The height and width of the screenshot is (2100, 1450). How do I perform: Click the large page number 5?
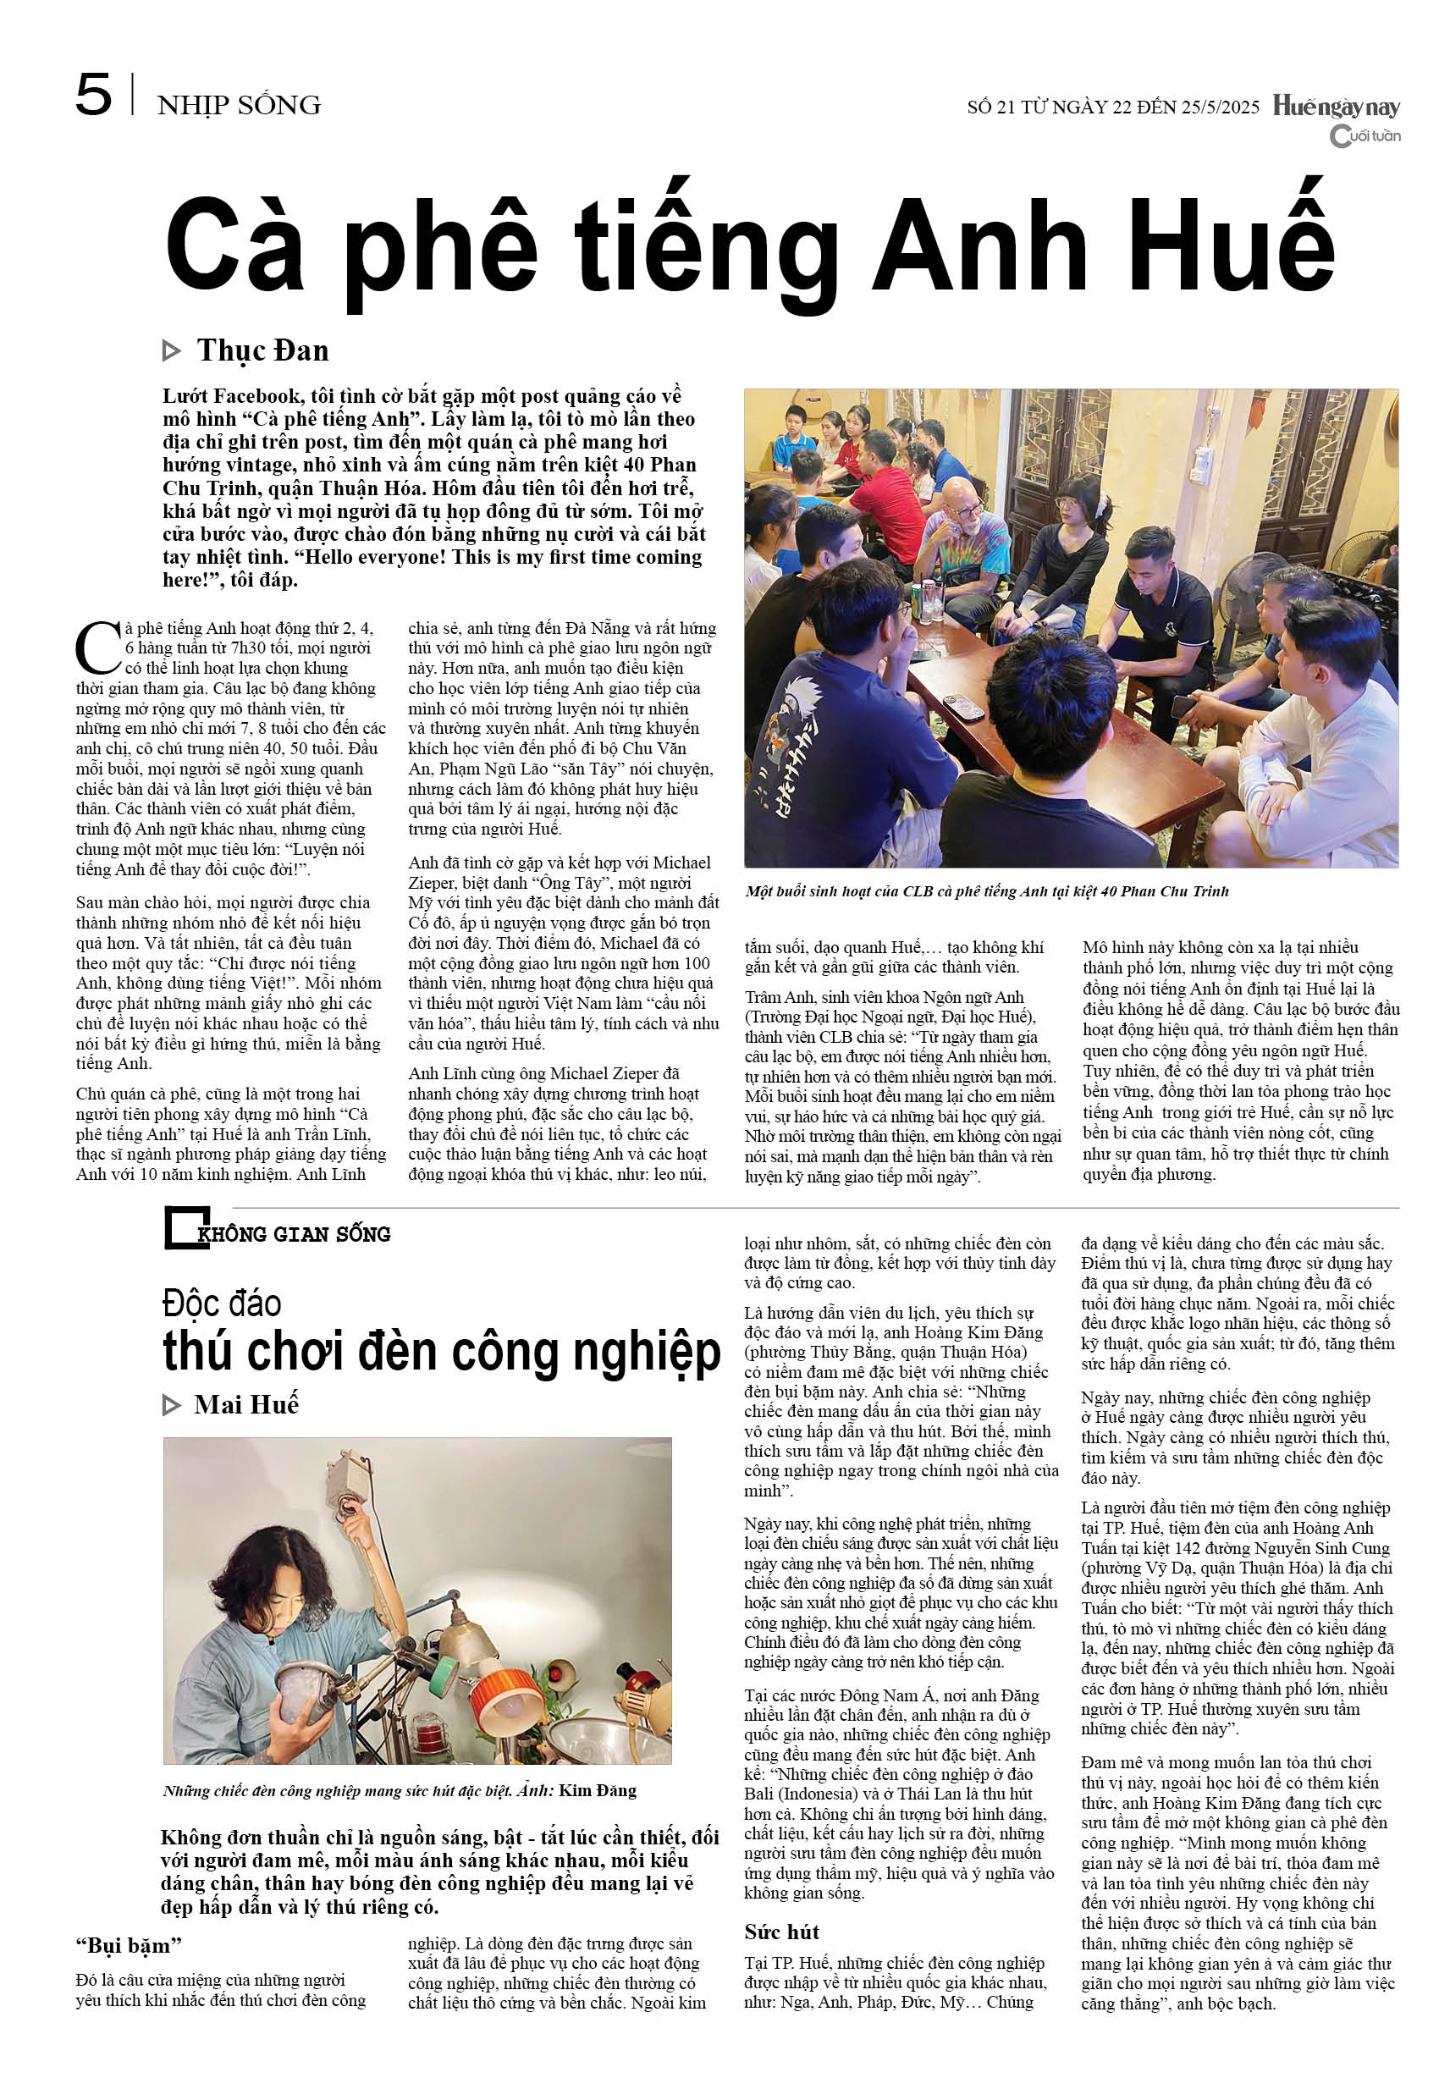pyautogui.click(x=94, y=96)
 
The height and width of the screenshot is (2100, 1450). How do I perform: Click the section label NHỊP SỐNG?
pyautogui.click(x=239, y=105)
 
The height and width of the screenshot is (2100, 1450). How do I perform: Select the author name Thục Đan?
pyautogui.click(x=262, y=350)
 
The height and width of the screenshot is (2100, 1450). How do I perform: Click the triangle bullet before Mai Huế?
pyautogui.click(x=171, y=1405)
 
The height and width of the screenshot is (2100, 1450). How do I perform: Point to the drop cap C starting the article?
pyautogui.click(x=97, y=648)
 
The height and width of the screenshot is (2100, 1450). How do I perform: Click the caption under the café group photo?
pyautogui.click(x=987, y=891)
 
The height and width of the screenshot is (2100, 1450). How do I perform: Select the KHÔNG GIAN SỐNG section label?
pyautogui.click(x=294, y=1233)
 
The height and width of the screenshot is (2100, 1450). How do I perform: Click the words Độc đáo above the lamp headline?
pyautogui.click(x=222, y=1303)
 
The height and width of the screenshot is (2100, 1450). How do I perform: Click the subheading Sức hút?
pyautogui.click(x=781, y=1931)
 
